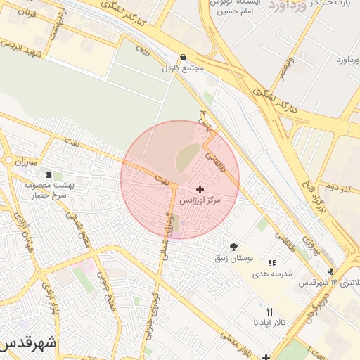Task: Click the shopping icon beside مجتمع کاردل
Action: (x=184, y=58)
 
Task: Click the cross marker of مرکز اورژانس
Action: (x=200, y=189)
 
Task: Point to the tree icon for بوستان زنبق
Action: (x=233, y=246)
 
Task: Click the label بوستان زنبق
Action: (x=234, y=258)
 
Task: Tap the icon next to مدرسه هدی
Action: (x=272, y=263)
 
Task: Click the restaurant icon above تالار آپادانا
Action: (x=269, y=311)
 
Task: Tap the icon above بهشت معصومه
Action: (x=49, y=174)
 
